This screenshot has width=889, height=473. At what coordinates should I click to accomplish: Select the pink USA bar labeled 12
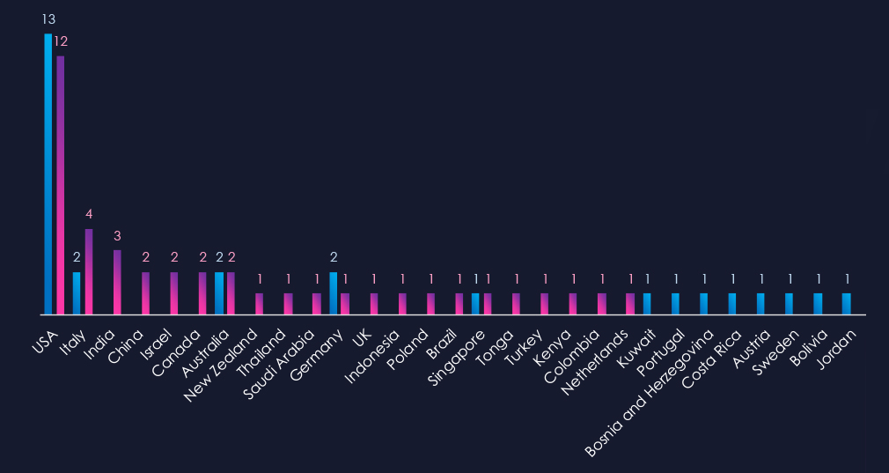60,185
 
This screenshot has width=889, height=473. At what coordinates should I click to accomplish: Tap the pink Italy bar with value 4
89,271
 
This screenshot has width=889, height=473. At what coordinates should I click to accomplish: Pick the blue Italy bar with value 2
77,292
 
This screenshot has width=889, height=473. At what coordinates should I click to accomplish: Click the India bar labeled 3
117,282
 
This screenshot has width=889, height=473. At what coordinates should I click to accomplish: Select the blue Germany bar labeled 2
334,292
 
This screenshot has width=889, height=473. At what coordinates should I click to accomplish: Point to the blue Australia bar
219,292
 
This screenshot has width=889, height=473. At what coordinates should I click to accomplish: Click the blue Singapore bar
475,303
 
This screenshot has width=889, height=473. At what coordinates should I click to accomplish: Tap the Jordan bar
847,303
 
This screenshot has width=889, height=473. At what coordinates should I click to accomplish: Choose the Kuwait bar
647,303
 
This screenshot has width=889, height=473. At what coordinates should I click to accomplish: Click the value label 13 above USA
48,18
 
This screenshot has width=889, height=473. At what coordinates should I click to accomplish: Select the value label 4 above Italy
89,214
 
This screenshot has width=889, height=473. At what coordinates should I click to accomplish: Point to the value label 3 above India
117,235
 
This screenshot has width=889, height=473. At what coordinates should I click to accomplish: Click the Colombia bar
602,303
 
